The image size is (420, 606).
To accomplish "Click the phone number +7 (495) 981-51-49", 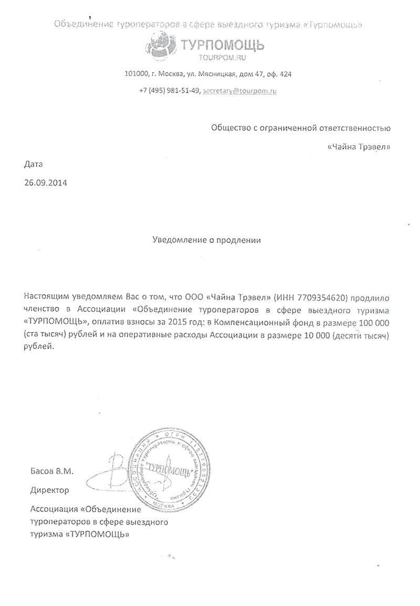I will [x=170, y=90].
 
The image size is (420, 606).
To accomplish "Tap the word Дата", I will [x=32, y=165].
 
